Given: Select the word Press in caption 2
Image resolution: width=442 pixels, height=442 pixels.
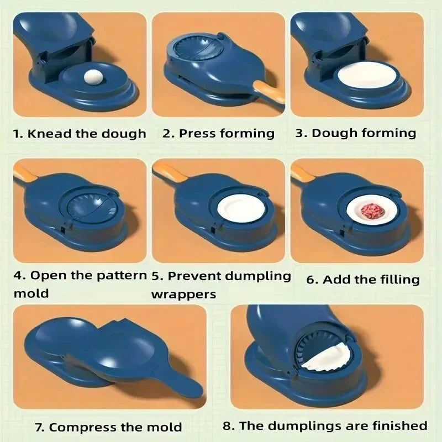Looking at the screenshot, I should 197,133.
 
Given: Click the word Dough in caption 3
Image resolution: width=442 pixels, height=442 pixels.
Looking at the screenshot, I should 334,133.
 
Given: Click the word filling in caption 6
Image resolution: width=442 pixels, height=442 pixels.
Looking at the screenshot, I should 399,280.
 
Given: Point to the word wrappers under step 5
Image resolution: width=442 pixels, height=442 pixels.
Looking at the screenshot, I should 183,293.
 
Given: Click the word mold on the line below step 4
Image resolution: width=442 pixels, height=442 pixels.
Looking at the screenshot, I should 31,293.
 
